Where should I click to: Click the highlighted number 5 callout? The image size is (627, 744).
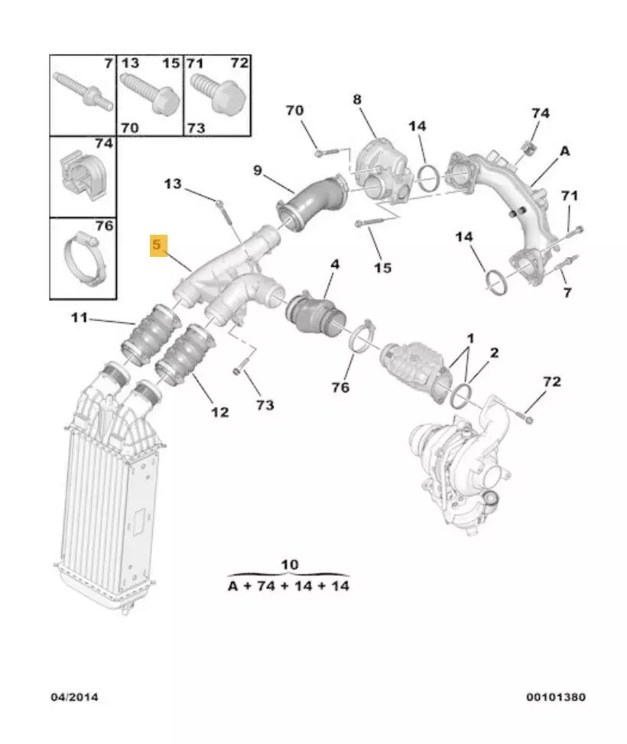click(x=158, y=245)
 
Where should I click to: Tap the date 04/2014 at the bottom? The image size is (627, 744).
click(x=74, y=697)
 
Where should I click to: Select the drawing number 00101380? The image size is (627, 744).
click(x=555, y=697)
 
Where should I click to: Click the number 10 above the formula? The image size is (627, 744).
click(x=290, y=564)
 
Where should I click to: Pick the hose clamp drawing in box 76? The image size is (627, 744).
click(x=84, y=258)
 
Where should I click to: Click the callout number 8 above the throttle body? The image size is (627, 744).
click(x=357, y=99)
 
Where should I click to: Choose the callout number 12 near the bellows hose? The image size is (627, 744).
click(x=219, y=412)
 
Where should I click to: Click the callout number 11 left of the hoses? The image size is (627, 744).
click(x=80, y=317)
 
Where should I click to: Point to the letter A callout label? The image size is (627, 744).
click(x=564, y=151)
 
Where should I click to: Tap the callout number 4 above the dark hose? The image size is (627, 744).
click(x=335, y=264)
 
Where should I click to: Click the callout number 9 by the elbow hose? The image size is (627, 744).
click(x=257, y=170)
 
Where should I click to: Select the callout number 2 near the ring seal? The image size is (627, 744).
click(x=494, y=353)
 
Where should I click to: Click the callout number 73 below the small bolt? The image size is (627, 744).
click(x=265, y=404)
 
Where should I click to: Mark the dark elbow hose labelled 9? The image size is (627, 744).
click(x=313, y=202)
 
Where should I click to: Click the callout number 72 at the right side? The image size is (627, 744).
click(x=552, y=382)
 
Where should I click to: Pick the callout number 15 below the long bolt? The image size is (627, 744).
click(x=382, y=268)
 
